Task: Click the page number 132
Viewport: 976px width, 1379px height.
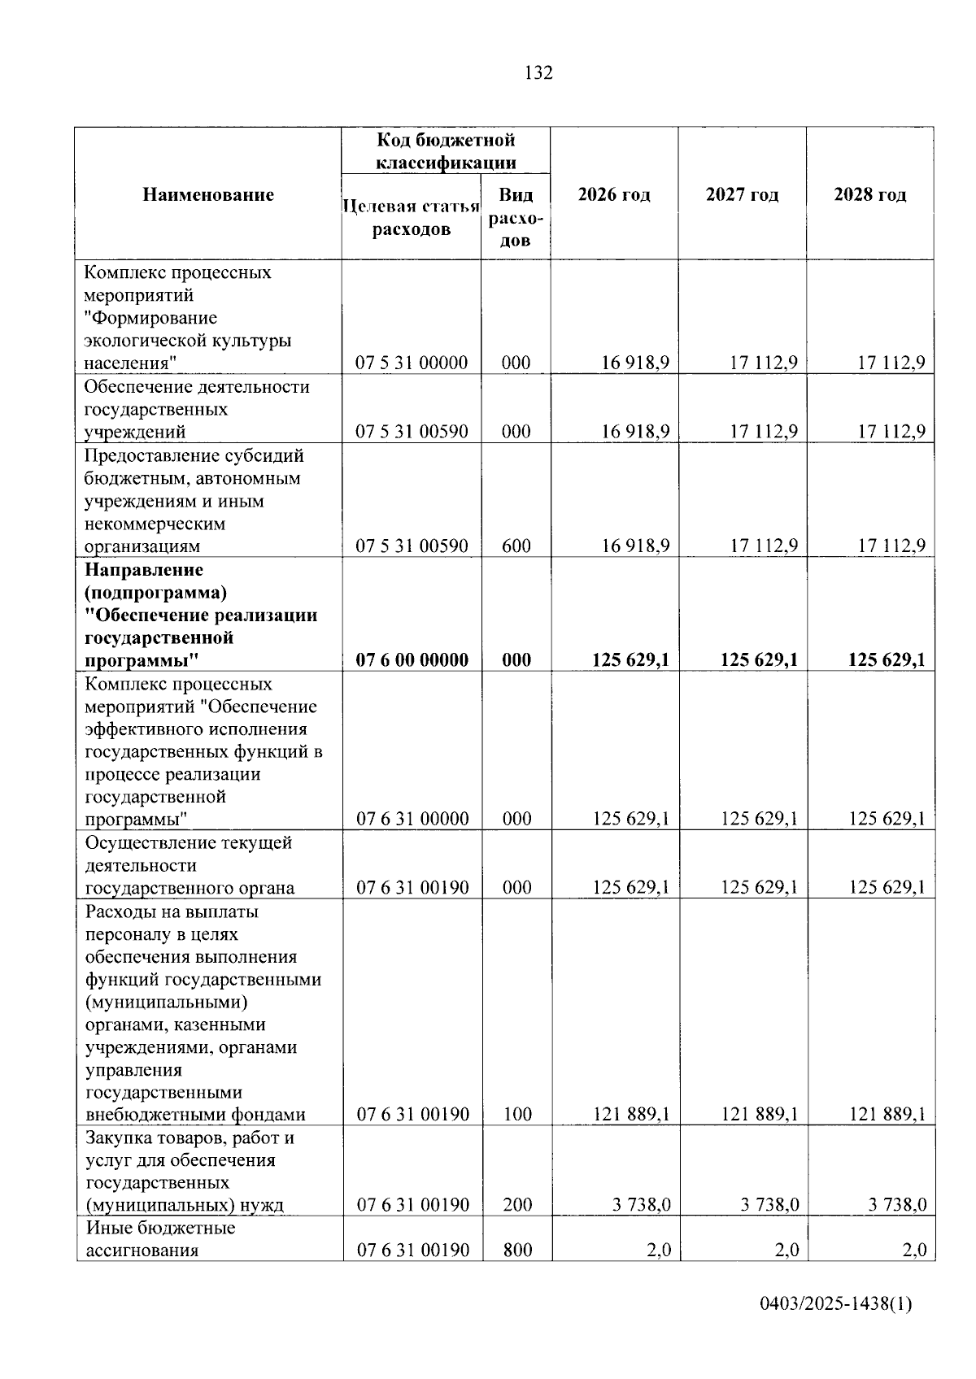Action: point(538,73)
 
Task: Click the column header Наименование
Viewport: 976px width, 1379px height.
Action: point(208,194)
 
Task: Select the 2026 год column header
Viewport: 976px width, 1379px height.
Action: point(614,194)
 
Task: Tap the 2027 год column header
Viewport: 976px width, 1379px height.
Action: point(742,194)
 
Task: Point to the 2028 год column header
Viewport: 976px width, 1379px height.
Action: point(869,194)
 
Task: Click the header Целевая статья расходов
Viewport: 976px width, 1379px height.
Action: point(412,217)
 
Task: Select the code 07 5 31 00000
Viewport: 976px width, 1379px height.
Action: point(412,363)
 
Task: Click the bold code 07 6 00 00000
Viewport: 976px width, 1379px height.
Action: point(412,659)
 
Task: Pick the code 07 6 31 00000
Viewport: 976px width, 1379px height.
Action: point(412,819)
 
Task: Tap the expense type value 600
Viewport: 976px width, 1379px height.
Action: point(516,546)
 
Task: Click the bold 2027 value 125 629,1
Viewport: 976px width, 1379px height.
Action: point(759,659)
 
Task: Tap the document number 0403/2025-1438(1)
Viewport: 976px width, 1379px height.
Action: point(836,1305)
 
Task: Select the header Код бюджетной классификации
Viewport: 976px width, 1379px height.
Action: point(445,150)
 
